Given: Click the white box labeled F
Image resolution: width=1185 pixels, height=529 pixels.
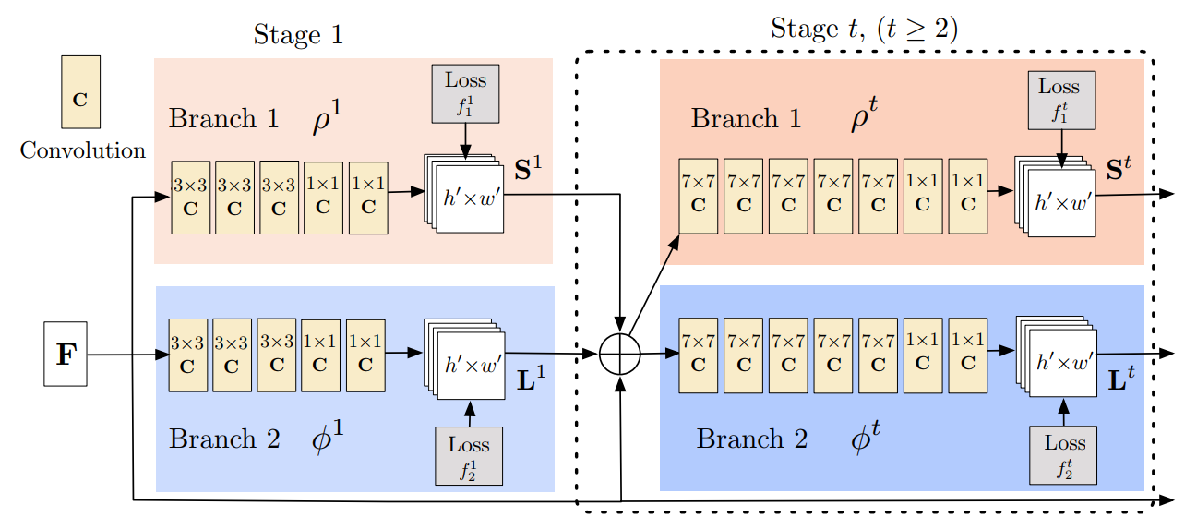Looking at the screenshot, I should point(66,354).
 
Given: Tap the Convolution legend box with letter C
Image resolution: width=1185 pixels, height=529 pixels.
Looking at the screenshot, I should point(80,91).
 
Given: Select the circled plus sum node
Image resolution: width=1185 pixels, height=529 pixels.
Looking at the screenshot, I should point(621,354).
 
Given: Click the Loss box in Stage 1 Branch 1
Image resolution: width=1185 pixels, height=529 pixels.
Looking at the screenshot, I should point(465,93).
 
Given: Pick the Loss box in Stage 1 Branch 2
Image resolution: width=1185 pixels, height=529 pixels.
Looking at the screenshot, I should point(469,456).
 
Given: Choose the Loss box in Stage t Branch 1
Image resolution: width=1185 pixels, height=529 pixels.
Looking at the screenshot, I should point(1059,101).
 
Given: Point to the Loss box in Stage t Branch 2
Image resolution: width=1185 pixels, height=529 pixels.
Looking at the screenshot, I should point(1063,455).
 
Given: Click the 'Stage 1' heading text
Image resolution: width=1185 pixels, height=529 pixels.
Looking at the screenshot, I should point(297,35).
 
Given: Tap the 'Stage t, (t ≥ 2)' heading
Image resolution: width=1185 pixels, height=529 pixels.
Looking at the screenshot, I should point(864,29).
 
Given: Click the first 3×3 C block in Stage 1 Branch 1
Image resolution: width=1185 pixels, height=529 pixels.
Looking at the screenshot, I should point(190,197).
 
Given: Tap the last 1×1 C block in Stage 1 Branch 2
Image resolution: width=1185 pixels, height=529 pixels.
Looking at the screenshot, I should point(365,354).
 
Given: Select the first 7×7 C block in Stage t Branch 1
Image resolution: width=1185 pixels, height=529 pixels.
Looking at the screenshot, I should point(698,196).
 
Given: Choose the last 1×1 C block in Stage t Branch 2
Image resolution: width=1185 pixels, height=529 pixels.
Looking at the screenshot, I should point(967,354).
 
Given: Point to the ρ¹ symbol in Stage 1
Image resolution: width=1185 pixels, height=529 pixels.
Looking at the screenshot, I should point(329,122).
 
